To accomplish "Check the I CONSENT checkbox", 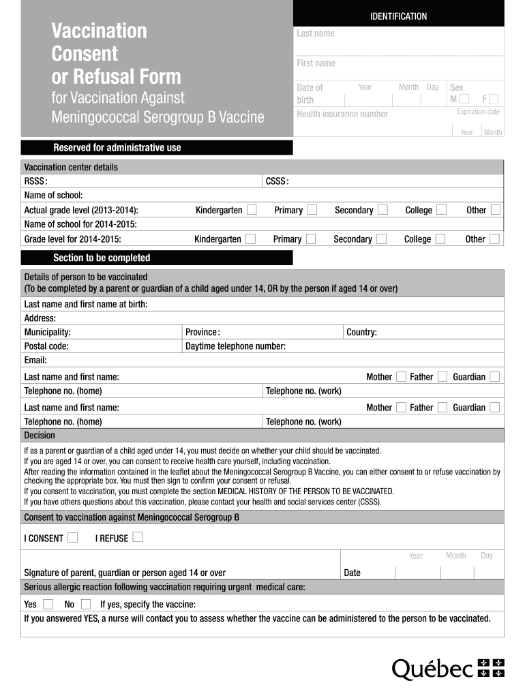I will click(x=72, y=537).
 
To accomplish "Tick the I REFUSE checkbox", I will click(x=138, y=537).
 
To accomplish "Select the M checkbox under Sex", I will click(x=464, y=100).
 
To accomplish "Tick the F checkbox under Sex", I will click(x=494, y=100).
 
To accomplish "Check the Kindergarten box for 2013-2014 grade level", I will click(x=252, y=209).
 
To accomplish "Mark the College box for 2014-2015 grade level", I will click(x=440, y=239).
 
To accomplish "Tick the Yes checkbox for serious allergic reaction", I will click(x=48, y=604).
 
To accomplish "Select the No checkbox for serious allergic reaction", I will click(x=85, y=604).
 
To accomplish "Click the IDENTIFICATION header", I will click(x=399, y=16).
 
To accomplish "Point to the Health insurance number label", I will click(x=342, y=114).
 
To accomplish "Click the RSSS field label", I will click(x=35, y=181).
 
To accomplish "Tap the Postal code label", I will click(x=46, y=346).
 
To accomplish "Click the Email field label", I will click(x=35, y=360).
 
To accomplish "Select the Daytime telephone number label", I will click(x=235, y=346).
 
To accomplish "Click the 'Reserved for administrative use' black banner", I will click(x=117, y=147).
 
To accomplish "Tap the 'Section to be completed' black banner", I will click(x=102, y=258).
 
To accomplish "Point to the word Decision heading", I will click(x=40, y=435).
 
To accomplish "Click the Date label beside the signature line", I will click(x=352, y=573).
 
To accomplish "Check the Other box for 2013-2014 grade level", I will click(x=495, y=209).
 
